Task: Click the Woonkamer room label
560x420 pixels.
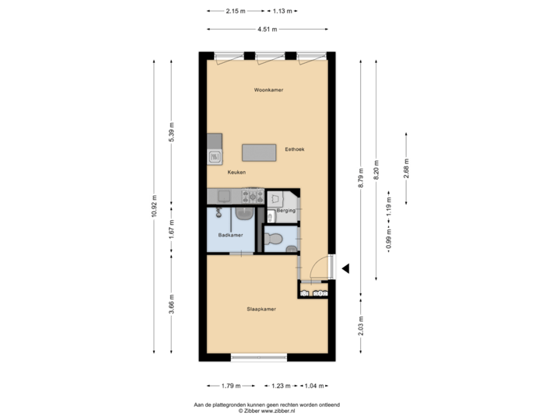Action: tap(268, 90)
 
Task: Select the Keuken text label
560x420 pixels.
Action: tap(236, 173)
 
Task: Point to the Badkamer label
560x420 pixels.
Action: tap(230, 234)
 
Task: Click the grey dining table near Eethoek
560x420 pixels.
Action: tap(260, 152)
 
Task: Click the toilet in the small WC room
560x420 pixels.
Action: tap(274, 239)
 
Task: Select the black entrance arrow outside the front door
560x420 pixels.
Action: tap(346, 268)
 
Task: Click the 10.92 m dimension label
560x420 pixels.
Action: tap(154, 208)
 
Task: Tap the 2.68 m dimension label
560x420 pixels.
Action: tap(406, 169)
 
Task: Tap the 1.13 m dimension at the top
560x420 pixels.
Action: tap(282, 11)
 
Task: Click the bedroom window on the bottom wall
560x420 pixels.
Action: tap(259, 358)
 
